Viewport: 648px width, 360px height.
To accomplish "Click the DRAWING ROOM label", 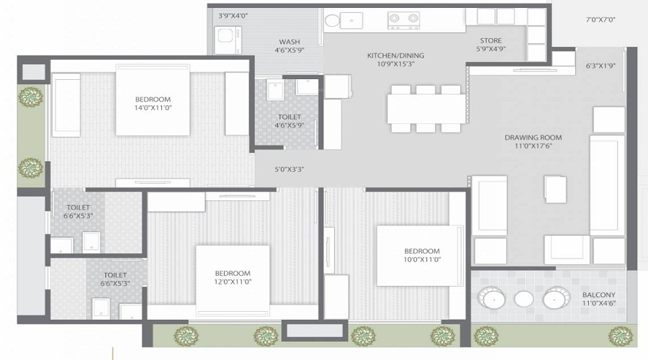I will pos(533,138).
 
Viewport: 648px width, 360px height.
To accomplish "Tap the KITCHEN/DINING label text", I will pos(395,55).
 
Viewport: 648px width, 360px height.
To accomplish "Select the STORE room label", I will pos(490,40).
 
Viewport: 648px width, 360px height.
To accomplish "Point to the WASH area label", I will pos(289,42).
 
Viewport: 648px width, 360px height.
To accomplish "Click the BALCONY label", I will pos(599,295).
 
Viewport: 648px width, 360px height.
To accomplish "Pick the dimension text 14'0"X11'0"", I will pos(153,109).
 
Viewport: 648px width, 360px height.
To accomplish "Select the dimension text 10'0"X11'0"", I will pos(421,261).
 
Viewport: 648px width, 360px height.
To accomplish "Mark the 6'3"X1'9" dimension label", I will pos(601,66).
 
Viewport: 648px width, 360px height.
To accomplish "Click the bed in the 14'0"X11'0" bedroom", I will pos(153,101).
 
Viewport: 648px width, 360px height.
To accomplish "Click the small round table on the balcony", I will pos(523,299).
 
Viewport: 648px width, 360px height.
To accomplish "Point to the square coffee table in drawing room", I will pos(556,189).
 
